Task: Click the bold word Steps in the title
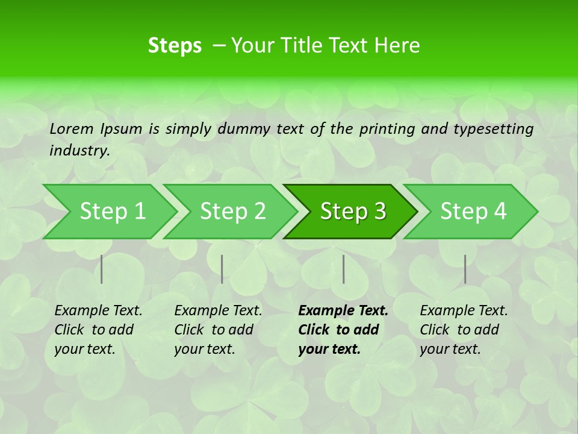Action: click(175, 46)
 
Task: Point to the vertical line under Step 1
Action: click(102, 269)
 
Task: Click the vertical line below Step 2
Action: click(222, 269)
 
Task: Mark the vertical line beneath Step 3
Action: click(343, 269)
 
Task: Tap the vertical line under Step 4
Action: click(465, 269)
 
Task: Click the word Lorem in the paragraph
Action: click(71, 128)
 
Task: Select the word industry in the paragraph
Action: click(79, 151)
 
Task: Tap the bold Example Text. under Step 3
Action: click(343, 311)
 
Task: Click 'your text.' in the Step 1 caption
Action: click(84, 349)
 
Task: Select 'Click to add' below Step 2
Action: click(214, 330)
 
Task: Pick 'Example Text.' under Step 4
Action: click(464, 311)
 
